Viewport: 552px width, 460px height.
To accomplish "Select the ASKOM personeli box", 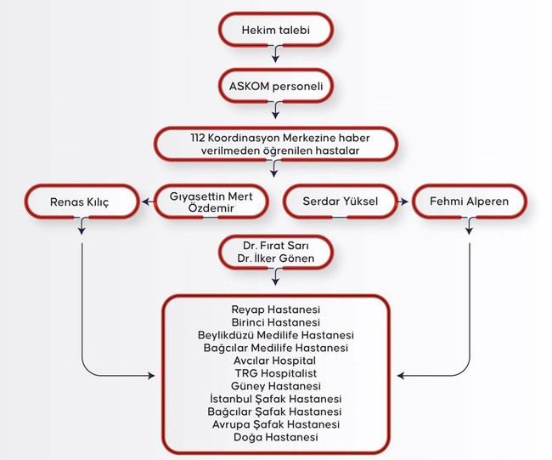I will [x=276, y=87].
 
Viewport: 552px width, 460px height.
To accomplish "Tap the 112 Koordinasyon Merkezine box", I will [x=276, y=143].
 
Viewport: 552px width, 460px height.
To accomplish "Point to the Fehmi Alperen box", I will [x=470, y=202].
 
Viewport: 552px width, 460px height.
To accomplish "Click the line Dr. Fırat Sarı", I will [x=276, y=247].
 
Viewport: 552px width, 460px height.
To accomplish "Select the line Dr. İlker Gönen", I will [x=276, y=259].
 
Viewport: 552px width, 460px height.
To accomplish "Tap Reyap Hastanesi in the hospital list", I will [x=275, y=310].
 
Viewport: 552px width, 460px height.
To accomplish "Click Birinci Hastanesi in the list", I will [x=275, y=322].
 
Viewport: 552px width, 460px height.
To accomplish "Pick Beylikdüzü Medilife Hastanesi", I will [x=275, y=335].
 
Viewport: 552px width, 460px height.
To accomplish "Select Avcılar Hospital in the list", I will [x=275, y=361].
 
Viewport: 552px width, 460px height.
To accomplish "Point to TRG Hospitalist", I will [x=275, y=373].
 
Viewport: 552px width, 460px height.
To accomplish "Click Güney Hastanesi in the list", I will [x=275, y=386].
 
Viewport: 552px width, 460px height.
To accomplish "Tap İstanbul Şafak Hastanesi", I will [x=275, y=399].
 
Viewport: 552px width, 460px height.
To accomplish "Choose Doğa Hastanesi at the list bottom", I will [x=275, y=437].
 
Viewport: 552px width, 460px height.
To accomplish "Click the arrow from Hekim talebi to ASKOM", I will [x=276, y=56].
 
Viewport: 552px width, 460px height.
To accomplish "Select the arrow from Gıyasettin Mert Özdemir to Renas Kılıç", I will [x=147, y=202].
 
